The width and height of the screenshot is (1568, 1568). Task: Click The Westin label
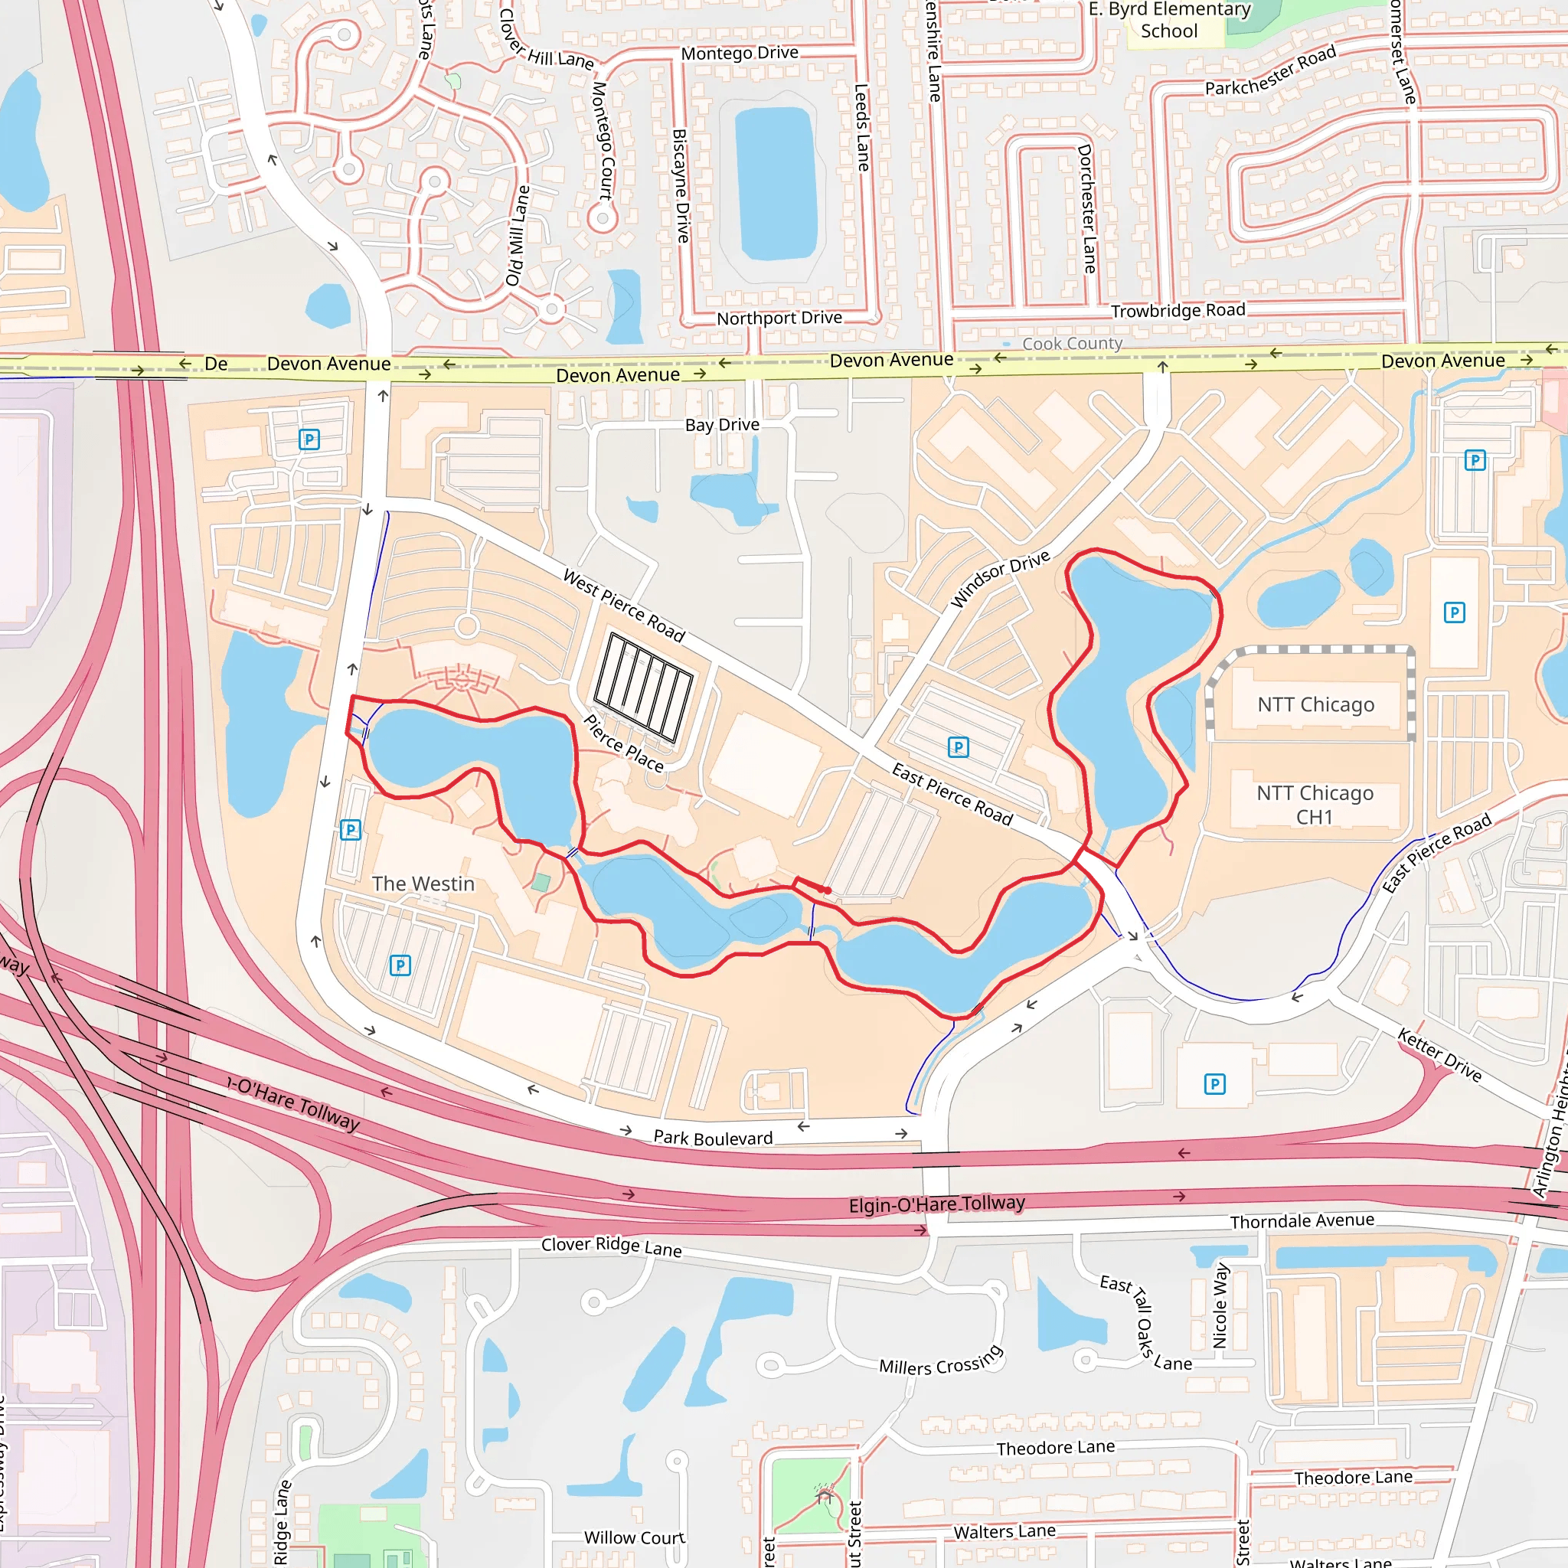point(423,884)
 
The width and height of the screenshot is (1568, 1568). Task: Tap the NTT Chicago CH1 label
point(1315,805)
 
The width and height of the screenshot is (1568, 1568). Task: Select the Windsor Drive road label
point(1000,579)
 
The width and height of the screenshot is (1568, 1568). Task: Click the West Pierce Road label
point(623,606)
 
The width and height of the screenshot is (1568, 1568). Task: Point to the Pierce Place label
point(623,743)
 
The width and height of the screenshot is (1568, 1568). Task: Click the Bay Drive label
point(721,424)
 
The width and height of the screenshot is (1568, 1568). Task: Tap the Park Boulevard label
point(713,1138)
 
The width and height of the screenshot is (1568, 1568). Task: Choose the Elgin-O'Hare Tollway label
point(936,1204)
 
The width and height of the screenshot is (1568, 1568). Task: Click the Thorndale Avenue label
point(1302,1221)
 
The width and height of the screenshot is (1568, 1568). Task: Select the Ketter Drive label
point(1439,1055)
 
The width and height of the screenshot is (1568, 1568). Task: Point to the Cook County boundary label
point(1071,343)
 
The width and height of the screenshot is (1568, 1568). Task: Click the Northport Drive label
point(779,318)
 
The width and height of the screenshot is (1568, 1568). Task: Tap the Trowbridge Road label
point(1178,311)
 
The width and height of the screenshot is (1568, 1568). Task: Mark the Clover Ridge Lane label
point(611,1246)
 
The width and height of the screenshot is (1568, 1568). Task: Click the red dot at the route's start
point(827,890)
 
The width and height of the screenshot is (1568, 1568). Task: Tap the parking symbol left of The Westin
point(351,829)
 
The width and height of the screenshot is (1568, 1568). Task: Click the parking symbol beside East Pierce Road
point(959,746)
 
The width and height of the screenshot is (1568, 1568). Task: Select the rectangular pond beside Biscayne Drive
point(775,185)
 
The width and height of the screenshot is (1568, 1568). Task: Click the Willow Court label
point(634,1537)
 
